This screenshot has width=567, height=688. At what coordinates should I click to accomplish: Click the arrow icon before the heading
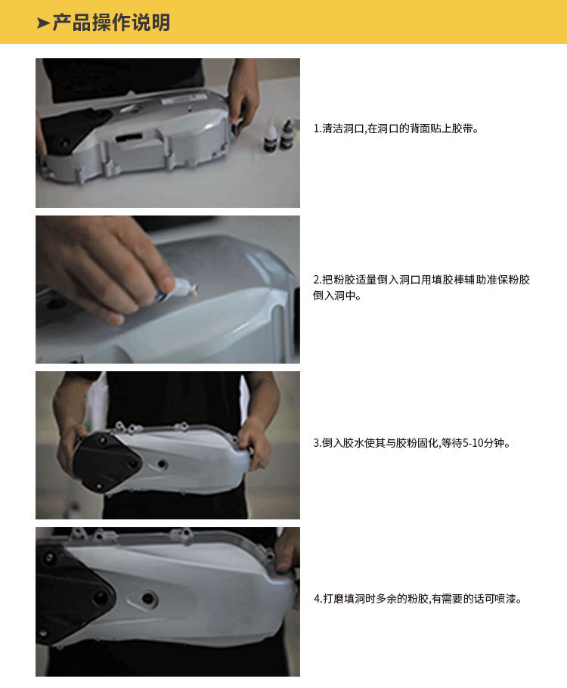point(43,23)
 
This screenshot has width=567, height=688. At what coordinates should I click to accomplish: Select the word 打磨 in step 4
point(332,599)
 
